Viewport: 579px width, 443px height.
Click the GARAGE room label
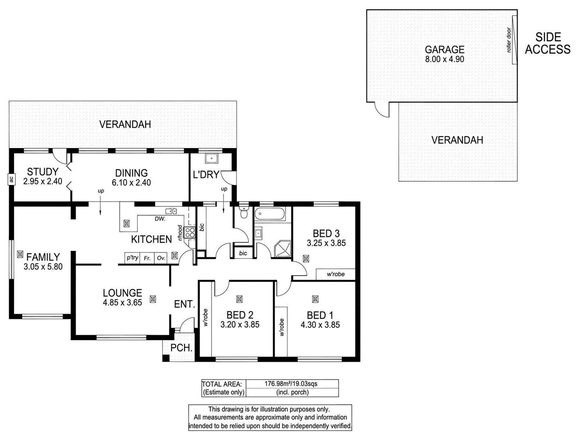445,50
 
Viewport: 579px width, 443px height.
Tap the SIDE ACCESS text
548,43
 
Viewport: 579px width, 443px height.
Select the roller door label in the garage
509,40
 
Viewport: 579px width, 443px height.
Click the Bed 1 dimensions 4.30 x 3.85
320,325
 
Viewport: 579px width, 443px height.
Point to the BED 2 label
240,315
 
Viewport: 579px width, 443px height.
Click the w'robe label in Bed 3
335,274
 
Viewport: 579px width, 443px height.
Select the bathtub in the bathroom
270,214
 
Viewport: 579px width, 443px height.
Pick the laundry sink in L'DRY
212,158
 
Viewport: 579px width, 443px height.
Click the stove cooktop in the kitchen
190,233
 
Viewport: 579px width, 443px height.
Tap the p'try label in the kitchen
132,258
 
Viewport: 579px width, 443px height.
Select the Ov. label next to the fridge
161,258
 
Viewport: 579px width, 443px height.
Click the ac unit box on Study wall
11,179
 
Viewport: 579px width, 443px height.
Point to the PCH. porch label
181,348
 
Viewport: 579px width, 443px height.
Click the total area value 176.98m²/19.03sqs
291,384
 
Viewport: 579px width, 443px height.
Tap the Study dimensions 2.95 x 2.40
43,181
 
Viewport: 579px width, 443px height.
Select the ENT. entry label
184,304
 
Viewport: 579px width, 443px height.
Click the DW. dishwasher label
160,219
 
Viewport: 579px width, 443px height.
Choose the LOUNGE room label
122,293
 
